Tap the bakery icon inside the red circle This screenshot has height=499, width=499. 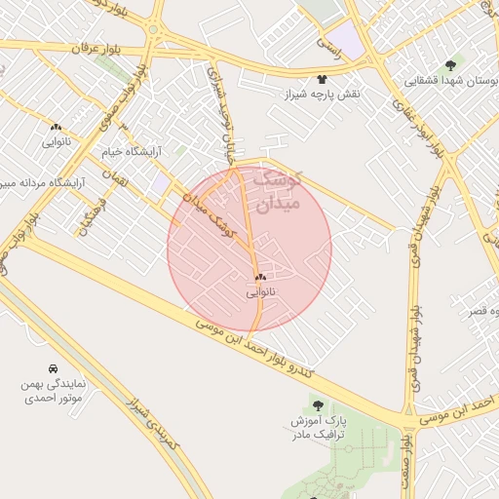(260, 277)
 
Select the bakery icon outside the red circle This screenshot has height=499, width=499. (57, 128)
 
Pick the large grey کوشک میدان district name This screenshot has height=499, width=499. (277, 191)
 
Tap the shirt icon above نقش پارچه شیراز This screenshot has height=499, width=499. (322, 78)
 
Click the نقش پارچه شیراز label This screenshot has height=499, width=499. (323, 93)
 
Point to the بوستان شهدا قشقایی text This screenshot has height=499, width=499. (449, 80)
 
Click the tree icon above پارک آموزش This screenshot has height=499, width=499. (320, 403)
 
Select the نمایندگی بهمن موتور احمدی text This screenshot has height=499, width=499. (53, 392)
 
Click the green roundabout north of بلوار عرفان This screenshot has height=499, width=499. (153, 28)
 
